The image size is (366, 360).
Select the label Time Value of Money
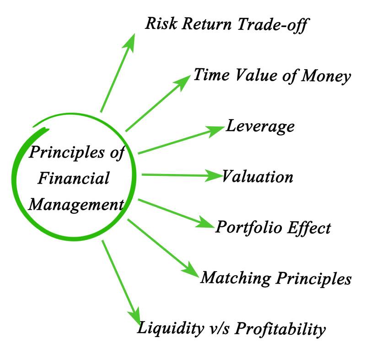272,76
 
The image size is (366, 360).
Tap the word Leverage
260,126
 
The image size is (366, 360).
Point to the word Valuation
258,176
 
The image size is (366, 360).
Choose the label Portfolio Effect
273,227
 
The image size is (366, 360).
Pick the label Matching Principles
276,278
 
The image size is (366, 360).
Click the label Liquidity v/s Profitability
232,328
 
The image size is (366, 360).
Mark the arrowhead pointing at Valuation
214,175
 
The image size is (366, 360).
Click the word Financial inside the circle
73,178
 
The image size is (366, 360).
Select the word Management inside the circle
76,204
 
